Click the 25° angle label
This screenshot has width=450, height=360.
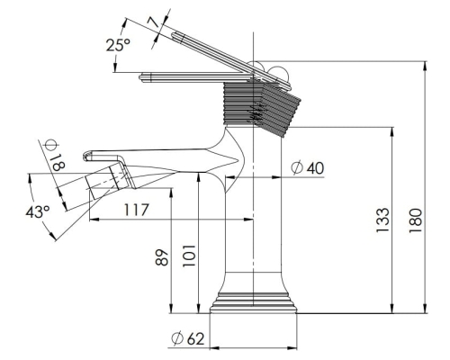(x=118, y=45)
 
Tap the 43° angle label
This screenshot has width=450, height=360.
(x=38, y=212)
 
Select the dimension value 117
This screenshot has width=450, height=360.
(x=136, y=210)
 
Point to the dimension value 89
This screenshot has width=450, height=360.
(x=162, y=256)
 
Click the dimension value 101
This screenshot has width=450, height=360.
(x=189, y=256)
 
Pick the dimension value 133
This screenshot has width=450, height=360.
(x=382, y=220)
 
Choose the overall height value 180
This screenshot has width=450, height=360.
(x=415, y=220)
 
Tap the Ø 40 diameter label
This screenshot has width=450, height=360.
(x=308, y=168)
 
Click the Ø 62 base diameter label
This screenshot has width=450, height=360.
(x=188, y=338)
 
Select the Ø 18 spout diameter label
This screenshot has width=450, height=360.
(x=56, y=155)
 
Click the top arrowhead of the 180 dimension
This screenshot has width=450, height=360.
(x=425, y=66)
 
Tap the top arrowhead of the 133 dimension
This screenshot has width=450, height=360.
(x=391, y=131)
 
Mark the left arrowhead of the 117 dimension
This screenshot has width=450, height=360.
(x=94, y=220)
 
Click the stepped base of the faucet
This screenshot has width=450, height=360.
(x=253, y=302)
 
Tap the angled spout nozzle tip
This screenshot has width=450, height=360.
(x=89, y=187)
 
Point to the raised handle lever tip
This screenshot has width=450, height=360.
(x=174, y=34)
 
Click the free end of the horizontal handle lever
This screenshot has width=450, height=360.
(x=141, y=77)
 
